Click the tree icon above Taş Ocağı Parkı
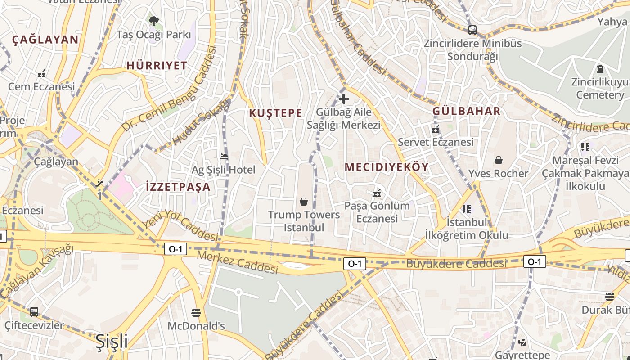point(154,21)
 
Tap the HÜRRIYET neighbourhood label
point(157,66)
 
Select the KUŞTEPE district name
point(276,113)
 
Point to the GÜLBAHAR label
point(467,111)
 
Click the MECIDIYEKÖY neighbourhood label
point(387,167)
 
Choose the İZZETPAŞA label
point(178,187)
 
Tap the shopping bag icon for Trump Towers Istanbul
point(304,201)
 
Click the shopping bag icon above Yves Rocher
point(499,160)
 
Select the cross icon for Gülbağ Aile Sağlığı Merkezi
point(344,99)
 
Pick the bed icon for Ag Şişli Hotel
point(223,157)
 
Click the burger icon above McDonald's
point(196,312)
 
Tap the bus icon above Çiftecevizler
point(34,311)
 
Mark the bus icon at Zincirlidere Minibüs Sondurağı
point(472,30)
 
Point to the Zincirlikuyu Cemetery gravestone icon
point(600,69)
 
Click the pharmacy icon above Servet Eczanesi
point(435,129)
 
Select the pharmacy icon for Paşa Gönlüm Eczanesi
point(377,193)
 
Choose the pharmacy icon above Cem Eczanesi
point(41,73)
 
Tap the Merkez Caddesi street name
point(238,262)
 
